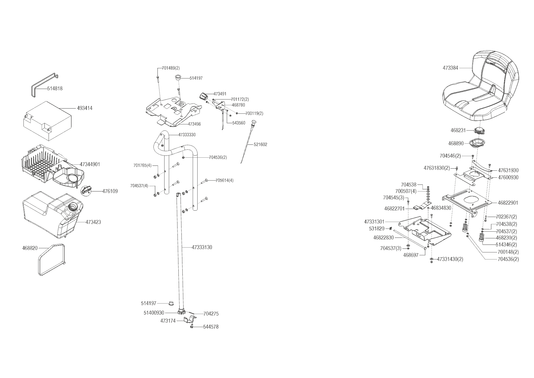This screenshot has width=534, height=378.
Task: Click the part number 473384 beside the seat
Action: (450, 68)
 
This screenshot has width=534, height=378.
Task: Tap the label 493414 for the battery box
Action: (85, 108)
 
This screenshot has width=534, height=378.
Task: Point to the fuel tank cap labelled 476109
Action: (86, 190)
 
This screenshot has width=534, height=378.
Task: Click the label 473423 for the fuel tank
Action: (93, 222)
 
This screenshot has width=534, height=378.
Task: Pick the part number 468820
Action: (30, 248)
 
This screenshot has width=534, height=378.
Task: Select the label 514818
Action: (55, 88)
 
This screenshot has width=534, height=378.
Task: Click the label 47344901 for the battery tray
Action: (90, 164)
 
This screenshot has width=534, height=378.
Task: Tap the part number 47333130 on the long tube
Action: (202, 247)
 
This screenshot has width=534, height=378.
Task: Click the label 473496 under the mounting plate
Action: (194, 124)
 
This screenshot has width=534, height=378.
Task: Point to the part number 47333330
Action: (187, 135)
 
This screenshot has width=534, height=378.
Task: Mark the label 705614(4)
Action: (225, 180)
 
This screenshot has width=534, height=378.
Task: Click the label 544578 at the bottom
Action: (211, 327)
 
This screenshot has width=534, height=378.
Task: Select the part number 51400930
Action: (154, 313)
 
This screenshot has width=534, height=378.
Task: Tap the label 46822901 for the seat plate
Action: (508, 202)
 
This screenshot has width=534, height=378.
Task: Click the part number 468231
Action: (458, 130)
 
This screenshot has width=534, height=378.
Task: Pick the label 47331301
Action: (374, 222)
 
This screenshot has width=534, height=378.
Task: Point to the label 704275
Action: (211, 314)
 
